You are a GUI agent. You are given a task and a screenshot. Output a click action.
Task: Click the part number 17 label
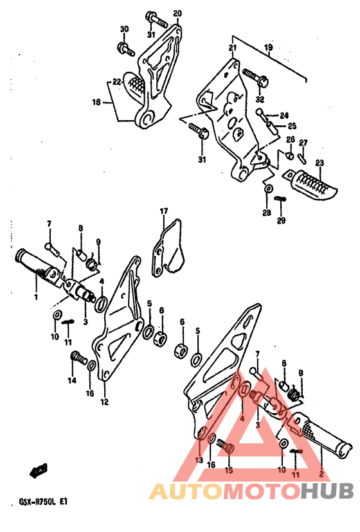pos(164,211)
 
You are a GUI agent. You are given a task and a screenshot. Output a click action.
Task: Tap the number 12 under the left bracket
pos(104,402)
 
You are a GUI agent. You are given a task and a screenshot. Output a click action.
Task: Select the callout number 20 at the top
pos(177,13)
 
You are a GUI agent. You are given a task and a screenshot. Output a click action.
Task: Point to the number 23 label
pos(319,164)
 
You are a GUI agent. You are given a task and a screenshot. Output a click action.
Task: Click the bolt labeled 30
pos(125,49)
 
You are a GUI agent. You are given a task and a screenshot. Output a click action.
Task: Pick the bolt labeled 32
pos(256,77)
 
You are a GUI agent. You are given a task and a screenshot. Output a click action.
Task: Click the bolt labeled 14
pos(78,358)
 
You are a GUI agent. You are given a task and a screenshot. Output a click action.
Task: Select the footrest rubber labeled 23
pos(310,184)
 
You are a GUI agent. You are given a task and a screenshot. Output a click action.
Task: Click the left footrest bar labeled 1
pos(39,267)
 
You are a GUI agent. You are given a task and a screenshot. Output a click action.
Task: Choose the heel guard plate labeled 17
pos(168,249)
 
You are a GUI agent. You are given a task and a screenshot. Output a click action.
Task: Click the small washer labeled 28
pos(268,189)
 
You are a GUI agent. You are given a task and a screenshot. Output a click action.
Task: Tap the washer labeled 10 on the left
pos(57,315)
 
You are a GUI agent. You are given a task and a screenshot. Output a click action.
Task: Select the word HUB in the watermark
pos(327,491)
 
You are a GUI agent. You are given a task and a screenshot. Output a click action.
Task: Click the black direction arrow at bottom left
pos(39,470)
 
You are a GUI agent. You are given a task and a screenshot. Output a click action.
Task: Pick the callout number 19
pos(268,47)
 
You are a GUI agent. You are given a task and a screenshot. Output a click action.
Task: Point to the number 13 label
pos(199,461)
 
